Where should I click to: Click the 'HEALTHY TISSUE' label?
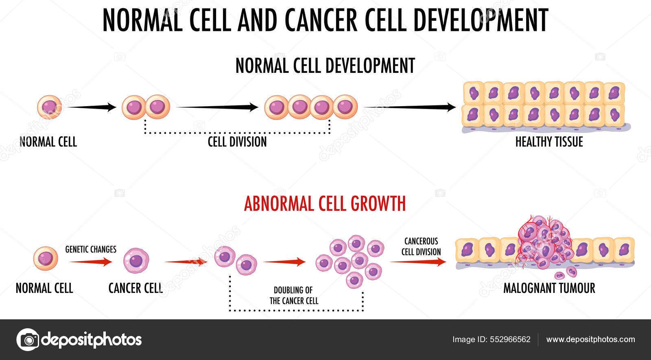549,142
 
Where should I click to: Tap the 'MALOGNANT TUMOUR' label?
549,288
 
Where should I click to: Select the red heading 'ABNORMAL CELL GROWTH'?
325,204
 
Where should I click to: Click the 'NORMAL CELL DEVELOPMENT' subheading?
325,66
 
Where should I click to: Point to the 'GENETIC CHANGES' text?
91,249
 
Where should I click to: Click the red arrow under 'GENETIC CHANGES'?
90,262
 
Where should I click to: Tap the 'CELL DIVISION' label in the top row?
237,142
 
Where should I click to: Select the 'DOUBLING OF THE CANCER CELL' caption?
293,296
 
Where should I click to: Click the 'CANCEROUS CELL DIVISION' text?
421,247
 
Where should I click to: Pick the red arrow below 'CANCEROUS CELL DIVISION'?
418,262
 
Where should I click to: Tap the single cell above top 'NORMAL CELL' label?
49,107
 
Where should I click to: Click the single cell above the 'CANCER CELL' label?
136,260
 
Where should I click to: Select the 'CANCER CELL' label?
135,288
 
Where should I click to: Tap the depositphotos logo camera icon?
28,339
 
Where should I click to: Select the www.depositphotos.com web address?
590,340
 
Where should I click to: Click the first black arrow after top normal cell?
92,107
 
